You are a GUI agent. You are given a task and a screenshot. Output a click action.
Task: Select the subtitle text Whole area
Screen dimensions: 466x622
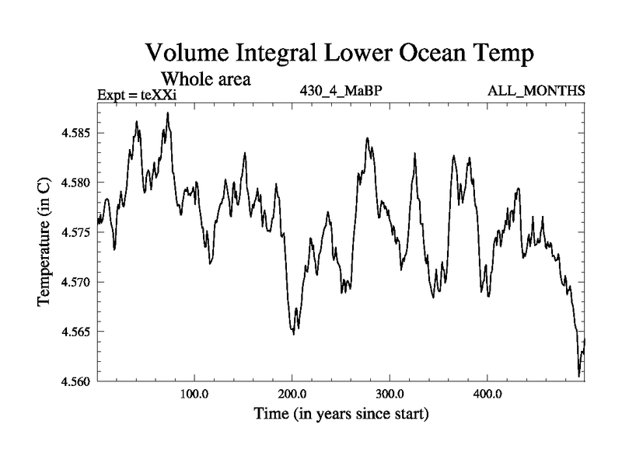coord(205,78)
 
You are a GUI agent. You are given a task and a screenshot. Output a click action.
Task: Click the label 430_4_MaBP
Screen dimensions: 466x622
coord(341,91)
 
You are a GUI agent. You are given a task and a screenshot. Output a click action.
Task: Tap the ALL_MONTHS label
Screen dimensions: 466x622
coord(536,91)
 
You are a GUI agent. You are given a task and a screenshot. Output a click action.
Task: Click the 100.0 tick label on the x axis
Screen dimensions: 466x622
coord(194,394)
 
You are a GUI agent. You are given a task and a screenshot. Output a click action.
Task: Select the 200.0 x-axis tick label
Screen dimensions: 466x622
coord(292,394)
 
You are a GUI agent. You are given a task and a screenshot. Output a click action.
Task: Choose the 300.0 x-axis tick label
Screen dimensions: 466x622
coord(390,394)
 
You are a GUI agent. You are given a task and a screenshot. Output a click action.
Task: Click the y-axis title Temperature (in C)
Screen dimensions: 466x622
coord(44,242)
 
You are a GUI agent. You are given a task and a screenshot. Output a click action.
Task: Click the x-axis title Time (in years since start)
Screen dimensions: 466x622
coord(341,413)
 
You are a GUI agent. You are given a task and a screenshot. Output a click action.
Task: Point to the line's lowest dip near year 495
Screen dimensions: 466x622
coord(579,376)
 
